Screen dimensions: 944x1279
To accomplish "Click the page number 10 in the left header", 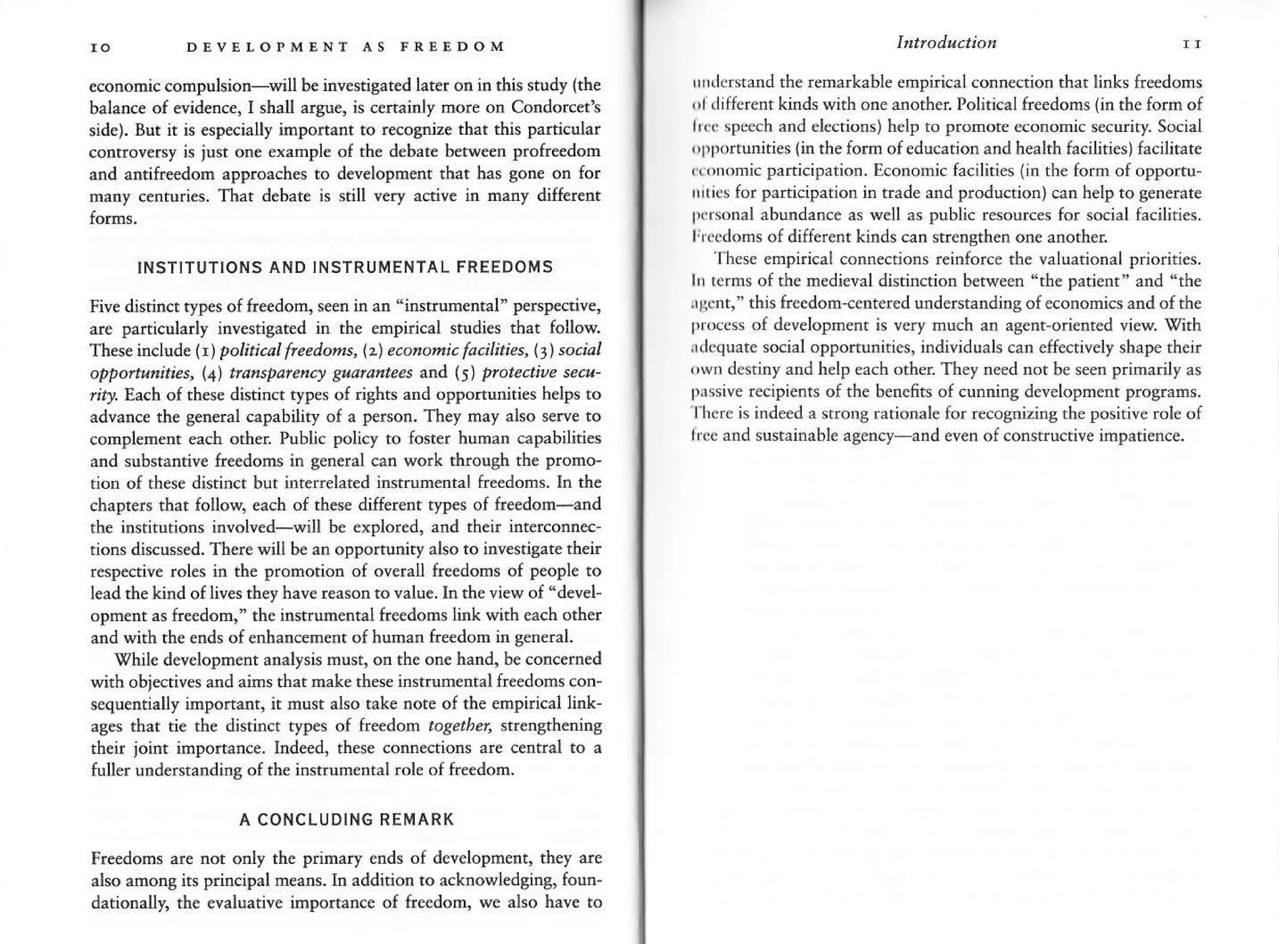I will [101, 47].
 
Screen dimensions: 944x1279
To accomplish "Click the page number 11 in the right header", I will [1192, 45].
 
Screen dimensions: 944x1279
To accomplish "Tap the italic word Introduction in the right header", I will [946, 42].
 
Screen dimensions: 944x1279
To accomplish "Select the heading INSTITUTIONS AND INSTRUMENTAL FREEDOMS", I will [345, 267].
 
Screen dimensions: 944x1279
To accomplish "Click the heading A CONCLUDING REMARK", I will [347, 820].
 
